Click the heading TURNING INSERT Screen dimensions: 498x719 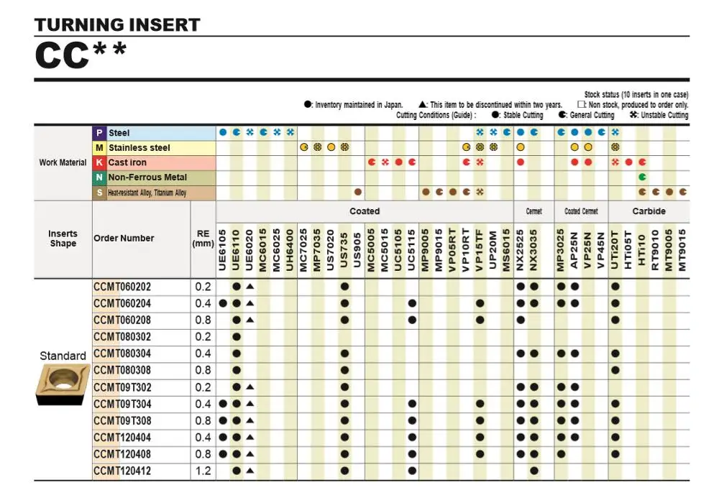[x=117, y=25]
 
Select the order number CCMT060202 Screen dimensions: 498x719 [x=122, y=287]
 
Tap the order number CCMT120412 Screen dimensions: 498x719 [x=122, y=471]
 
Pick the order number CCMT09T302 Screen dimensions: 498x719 [x=122, y=387]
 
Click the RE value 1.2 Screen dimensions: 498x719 [x=203, y=471]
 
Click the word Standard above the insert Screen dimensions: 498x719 [x=63, y=356]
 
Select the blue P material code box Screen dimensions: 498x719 [x=99, y=133]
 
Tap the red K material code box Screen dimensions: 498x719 [x=99, y=162]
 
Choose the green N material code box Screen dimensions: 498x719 [x=99, y=177]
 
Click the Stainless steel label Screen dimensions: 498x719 [x=139, y=148]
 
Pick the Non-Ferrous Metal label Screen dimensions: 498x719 [x=147, y=177]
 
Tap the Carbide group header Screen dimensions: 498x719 [x=649, y=211]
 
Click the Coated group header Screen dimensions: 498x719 [x=365, y=211]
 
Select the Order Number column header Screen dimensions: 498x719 [x=124, y=239]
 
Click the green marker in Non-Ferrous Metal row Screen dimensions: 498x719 [x=642, y=177]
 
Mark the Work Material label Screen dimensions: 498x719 [x=63, y=162]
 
